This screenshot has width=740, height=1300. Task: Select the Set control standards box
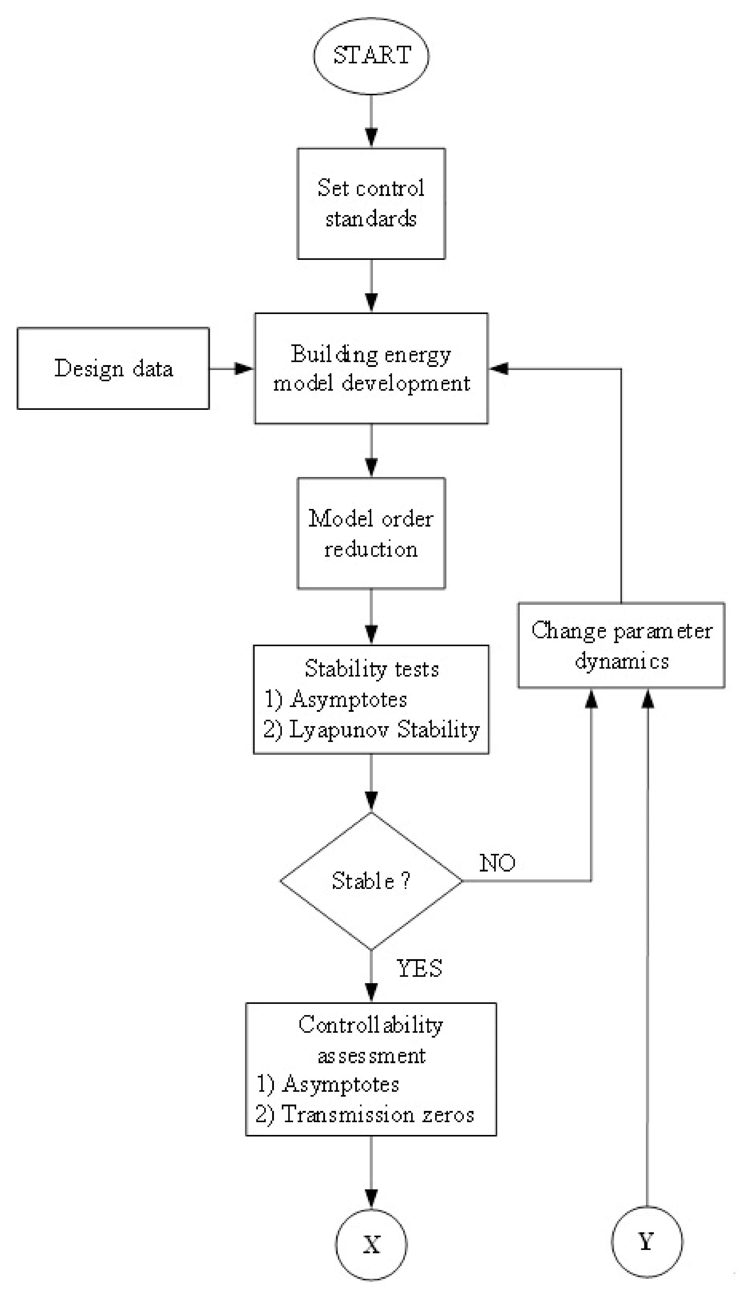(371, 203)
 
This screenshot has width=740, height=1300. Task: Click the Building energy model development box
(371, 368)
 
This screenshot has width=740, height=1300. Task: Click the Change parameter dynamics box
(621, 645)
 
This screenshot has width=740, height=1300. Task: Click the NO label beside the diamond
(497, 863)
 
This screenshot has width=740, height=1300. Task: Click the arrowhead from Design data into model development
(244, 368)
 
